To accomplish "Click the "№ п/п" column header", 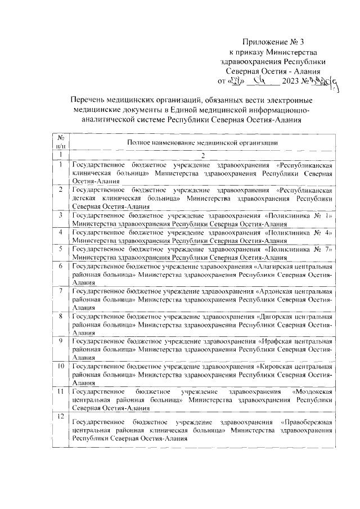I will click(x=60, y=142).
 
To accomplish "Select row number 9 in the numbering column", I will click(x=60, y=341).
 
